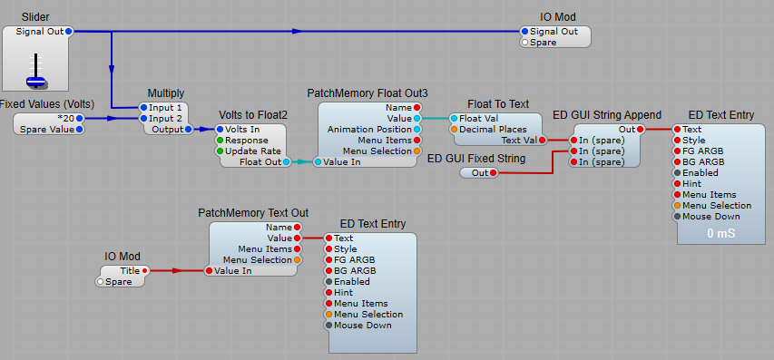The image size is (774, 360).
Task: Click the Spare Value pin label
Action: click(48, 129)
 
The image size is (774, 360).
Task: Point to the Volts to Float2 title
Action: click(253, 115)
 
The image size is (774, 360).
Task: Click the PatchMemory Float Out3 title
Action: click(367, 93)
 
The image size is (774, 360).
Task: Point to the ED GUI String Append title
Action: click(606, 115)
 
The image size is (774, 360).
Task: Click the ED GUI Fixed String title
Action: click(475, 159)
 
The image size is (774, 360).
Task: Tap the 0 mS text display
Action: click(720, 233)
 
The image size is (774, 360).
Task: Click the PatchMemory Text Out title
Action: click(253, 212)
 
